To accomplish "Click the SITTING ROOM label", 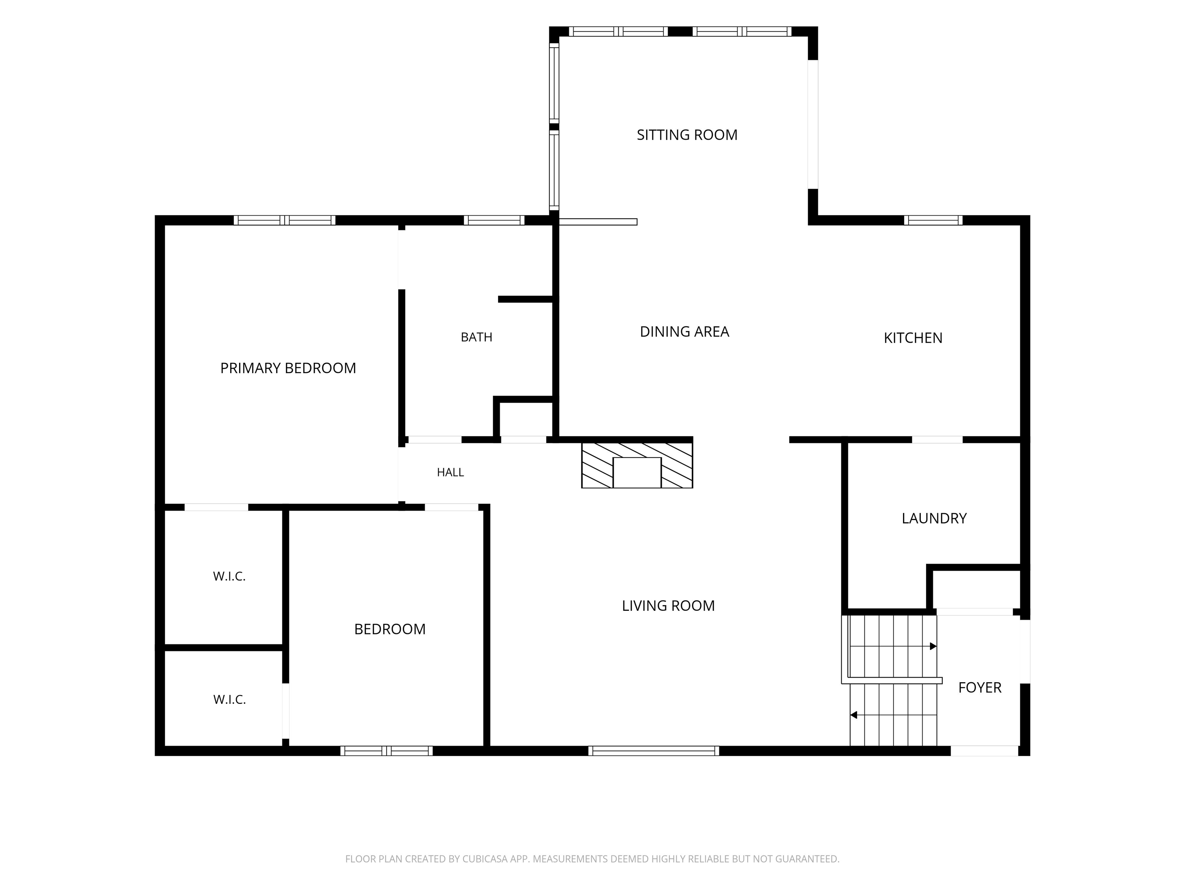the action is click(687, 135).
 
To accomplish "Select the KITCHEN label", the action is click(913, 338).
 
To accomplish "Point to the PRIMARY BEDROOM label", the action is click(288, 368).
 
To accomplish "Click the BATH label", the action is click(476, 337).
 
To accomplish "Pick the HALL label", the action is click(450, 472).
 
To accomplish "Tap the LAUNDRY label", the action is click(934, 518).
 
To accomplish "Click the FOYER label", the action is click(980, 688).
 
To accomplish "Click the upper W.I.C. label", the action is click(229, 576).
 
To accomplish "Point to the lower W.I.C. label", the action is click(229, 700).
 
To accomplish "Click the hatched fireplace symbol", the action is click(637, 465).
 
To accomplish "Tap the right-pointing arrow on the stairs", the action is click(893, 647).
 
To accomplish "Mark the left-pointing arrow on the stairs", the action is click(893, 715).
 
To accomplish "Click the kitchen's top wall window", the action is click(933, 220).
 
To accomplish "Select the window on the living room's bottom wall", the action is click(653, 751).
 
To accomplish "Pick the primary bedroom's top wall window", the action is click(284, 220).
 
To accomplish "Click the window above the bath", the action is click(494, 220).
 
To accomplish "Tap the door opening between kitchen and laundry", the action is click(937, 440).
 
